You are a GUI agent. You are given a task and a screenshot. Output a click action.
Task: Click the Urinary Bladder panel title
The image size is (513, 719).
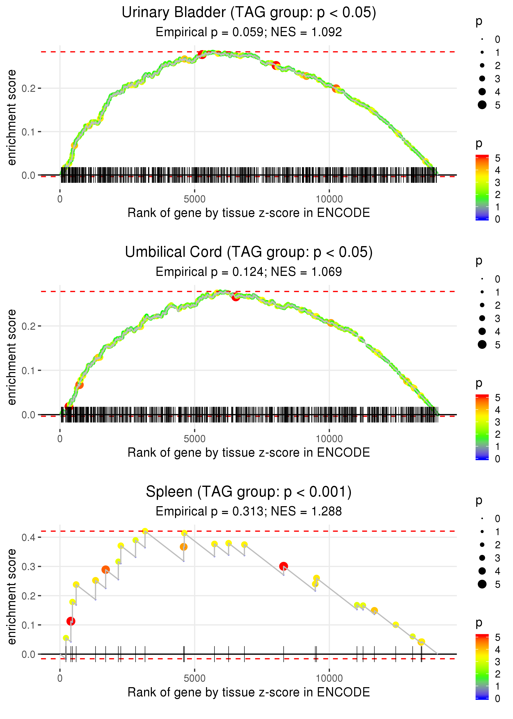[x=249, y=13]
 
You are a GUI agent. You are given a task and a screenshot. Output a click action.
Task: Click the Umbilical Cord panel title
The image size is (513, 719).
[x=249, y=252]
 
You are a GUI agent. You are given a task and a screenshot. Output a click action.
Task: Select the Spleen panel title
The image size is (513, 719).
[x=249, y=492]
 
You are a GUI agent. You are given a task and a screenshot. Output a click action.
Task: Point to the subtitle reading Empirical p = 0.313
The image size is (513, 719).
[x=249, y=511]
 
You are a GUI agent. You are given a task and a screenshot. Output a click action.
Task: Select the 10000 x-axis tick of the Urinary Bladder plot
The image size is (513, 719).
[x=329, y=199]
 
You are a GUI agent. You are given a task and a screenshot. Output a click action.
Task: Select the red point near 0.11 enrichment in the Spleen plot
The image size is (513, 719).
[x=71, y=621]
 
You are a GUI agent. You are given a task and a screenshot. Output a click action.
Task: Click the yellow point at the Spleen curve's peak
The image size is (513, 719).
[x=145, y=531]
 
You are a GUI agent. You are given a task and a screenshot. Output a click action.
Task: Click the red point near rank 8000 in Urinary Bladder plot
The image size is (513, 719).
[x=276, y=66]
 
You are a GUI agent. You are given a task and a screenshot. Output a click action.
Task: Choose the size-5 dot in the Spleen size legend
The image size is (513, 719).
[x=482, y=584]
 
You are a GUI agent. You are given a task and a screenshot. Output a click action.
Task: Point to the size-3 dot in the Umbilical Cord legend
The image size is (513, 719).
[x=482, y=318]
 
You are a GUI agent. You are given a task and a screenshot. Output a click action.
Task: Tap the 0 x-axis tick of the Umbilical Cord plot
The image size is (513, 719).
[x=60, y=439]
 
